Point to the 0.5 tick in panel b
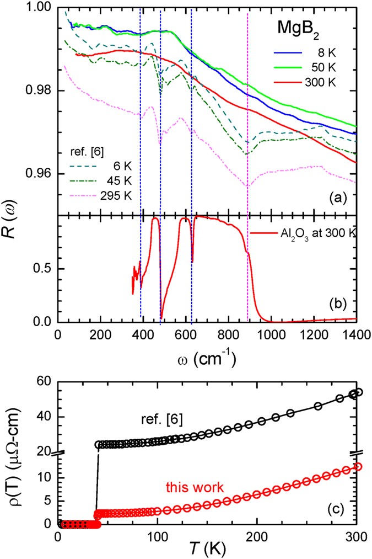pos(43,269)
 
